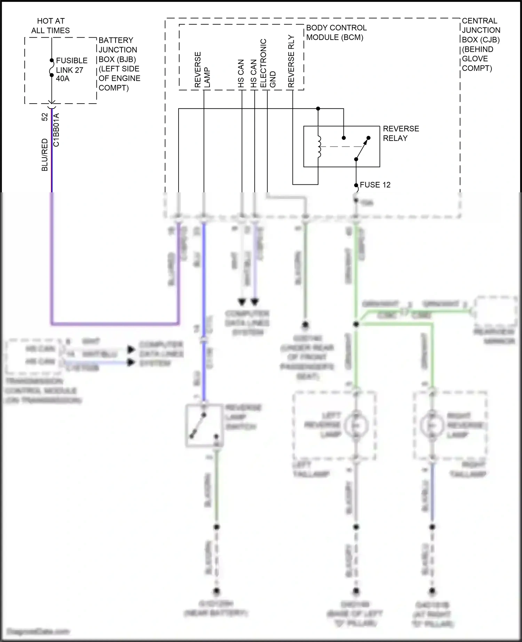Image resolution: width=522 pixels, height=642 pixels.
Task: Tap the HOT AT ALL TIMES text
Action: pos(50,26)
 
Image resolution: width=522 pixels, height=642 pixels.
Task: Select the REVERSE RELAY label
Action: pos(401,134)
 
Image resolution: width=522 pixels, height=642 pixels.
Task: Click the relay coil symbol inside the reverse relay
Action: pos(319,146)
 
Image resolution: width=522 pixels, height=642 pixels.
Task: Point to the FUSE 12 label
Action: pos(375,185)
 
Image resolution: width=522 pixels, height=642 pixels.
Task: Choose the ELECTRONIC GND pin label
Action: pos(268,63)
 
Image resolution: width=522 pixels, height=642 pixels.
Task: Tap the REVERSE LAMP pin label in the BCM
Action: pos(202,70)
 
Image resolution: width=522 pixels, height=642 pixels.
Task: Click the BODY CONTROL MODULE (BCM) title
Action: pos(336,33)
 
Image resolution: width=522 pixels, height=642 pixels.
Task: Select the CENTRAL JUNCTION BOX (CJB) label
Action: pos(481,45)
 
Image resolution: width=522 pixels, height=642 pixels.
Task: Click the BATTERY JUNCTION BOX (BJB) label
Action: pos(119,64)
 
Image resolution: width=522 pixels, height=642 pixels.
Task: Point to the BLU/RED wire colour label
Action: pos(45,155)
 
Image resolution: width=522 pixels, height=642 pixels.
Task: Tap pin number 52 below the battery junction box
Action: pos(45,117)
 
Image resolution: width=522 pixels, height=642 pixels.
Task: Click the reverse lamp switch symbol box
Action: pos(204,425)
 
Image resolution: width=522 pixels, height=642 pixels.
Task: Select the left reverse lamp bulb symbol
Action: pos(356,425)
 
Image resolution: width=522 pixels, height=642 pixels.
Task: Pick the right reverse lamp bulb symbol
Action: pos(432,425)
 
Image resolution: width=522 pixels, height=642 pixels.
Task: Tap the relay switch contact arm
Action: pos(362,149)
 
